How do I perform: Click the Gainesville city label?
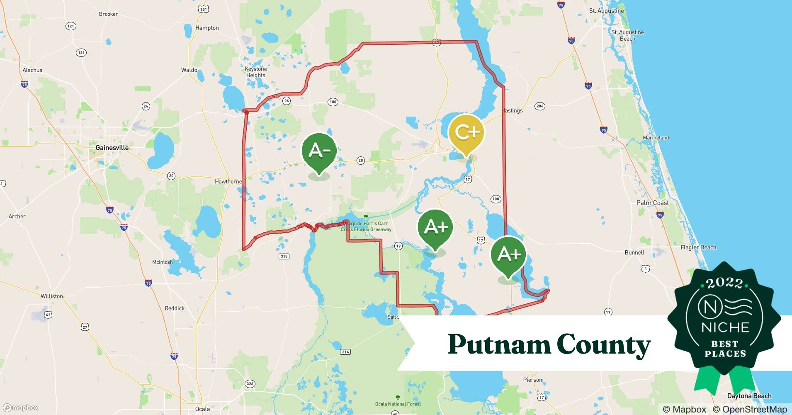tap(112, 148)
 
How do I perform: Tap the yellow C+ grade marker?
tap(466, 133)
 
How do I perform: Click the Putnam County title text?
tap(549, 344)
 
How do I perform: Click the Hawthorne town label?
tap(228, 181)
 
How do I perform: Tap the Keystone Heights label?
tap(255, 72)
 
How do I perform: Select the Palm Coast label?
tap(652, 203)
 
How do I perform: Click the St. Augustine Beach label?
tap(627, 35)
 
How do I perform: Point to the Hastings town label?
tap(512, 110)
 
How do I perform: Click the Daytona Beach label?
tap(749, 396)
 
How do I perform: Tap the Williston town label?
tap(52, 296)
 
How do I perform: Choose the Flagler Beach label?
tap(698, 247)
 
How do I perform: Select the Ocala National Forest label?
tap(398, 404)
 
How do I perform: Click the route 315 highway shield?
tap(284, 256)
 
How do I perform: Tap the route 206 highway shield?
tap(539, 106)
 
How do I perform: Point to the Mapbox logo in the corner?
tap(20, 408)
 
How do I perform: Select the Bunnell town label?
tap(634, 252)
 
